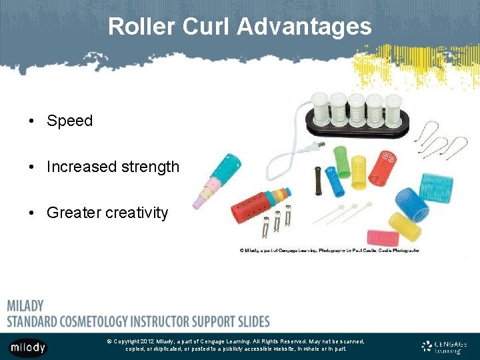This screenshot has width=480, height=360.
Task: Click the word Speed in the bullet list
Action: pos(69,121)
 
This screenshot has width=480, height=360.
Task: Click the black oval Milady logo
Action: pos(28,347)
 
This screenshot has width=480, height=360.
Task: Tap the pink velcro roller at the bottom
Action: pos(383,237)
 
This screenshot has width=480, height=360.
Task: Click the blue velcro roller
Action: pos(412,204)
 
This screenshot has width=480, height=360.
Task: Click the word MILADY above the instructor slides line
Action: pos(25,306)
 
